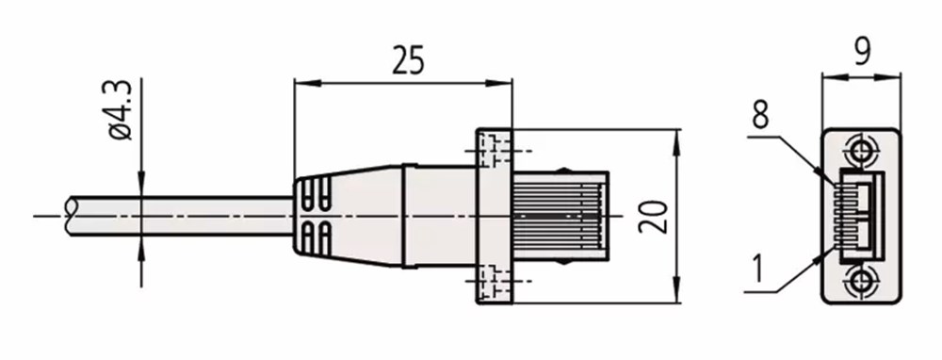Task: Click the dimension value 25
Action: tap(408, 60)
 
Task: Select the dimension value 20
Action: tap(653, 217)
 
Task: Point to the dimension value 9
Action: tap(862, 51)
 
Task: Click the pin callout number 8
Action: tap(760, 114)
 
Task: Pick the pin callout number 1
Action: tap(758, 269)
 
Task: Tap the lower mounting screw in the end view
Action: tap(861, 281)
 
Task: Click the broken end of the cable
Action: tap(69, 215)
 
